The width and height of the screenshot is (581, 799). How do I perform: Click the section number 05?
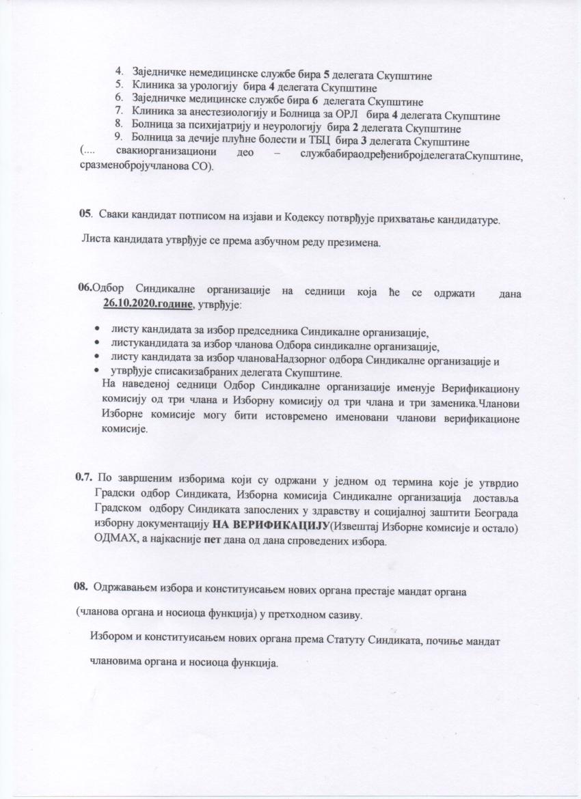[x=85, y=214]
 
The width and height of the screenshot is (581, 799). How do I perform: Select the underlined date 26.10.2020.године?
[x=148, y=303]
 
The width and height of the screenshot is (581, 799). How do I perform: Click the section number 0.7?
[x=85, y=477]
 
